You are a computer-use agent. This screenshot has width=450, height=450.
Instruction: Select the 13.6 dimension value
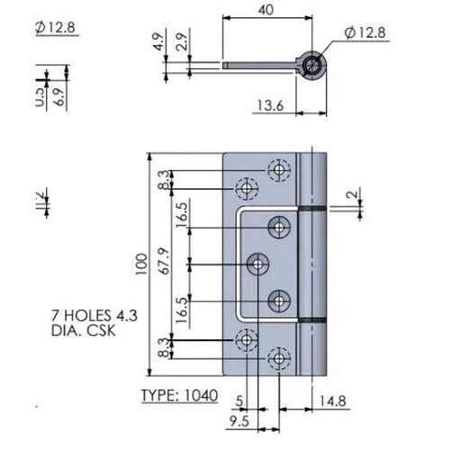point(267,107)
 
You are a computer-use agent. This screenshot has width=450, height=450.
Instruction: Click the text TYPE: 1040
point(180,396)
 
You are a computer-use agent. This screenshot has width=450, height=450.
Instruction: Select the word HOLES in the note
point(87,316)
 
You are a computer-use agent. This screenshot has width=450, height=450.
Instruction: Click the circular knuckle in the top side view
point(311,65)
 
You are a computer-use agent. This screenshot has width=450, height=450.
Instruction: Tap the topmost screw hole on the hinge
point(281,169)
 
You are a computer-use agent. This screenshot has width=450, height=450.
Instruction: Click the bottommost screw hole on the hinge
point(281,358)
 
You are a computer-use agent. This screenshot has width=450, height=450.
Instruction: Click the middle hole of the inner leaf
point(258,264)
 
